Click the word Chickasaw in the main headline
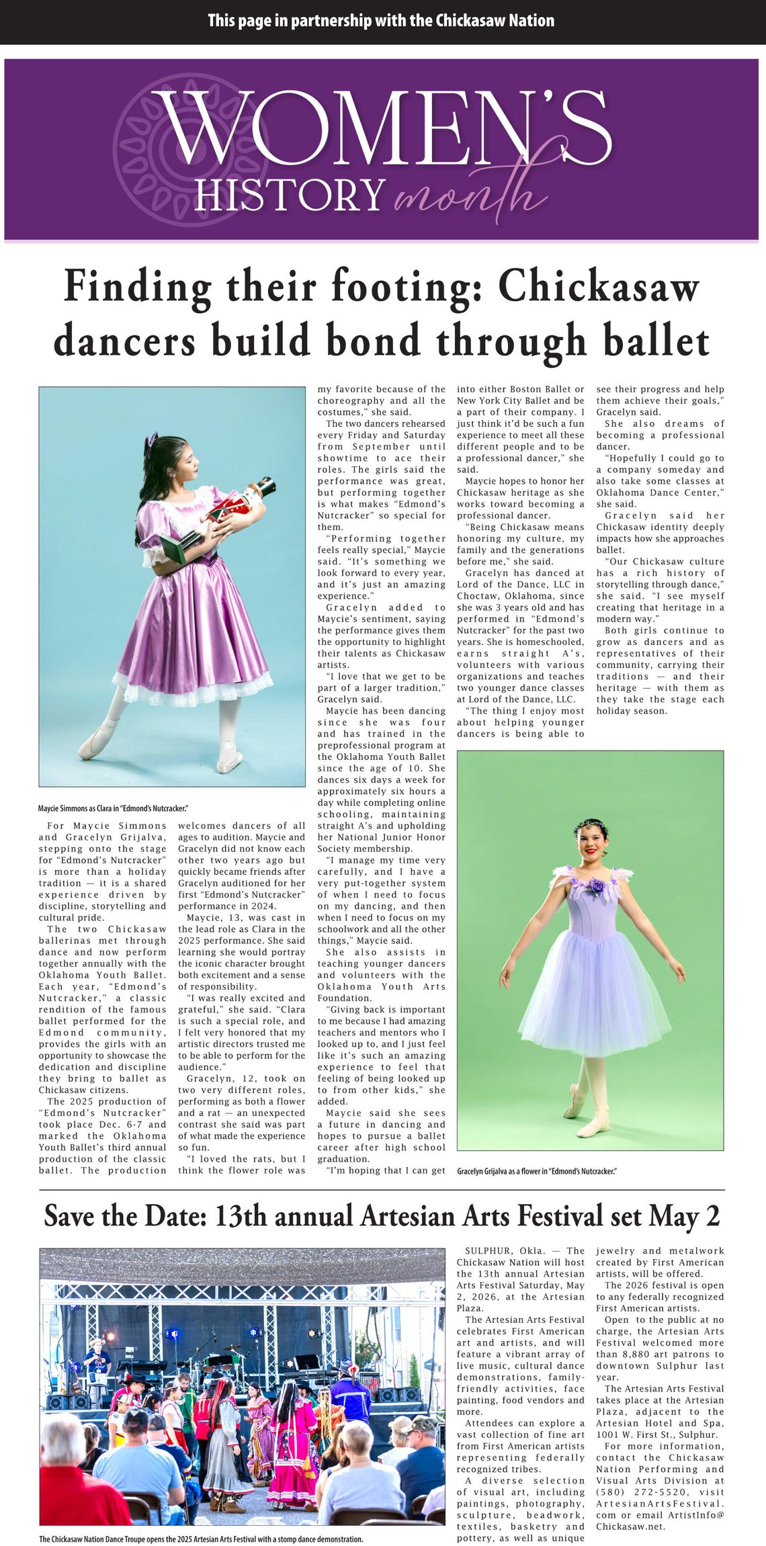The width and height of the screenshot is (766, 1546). tap(599, 286)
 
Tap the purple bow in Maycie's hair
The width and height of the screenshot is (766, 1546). tap(152, 440)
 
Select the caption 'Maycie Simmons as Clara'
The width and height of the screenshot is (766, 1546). tap(113, 808)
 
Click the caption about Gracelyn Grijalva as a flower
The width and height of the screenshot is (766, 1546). tap(536, 1171)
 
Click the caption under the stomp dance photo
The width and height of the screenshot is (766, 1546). tap(201, 1539)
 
